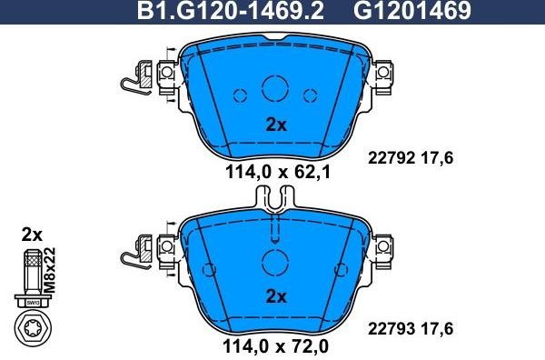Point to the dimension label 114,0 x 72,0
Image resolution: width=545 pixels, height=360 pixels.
(x=274, y=345)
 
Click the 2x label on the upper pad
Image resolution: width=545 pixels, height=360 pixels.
(x=274, y=125)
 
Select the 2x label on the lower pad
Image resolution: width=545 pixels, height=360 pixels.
(x=274, y=296)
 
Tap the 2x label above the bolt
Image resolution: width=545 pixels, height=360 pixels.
(x=32, y=235)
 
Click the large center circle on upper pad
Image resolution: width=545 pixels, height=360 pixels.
(x=274, y=88)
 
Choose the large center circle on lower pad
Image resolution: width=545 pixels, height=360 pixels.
(x=274, y=262)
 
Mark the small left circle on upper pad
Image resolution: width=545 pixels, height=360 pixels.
(x=241, y=95)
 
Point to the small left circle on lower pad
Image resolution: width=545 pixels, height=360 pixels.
(x=208, y=269)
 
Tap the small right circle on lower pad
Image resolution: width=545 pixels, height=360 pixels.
(x=342, y=269)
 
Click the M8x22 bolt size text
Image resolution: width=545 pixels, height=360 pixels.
(x=49, y=269)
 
